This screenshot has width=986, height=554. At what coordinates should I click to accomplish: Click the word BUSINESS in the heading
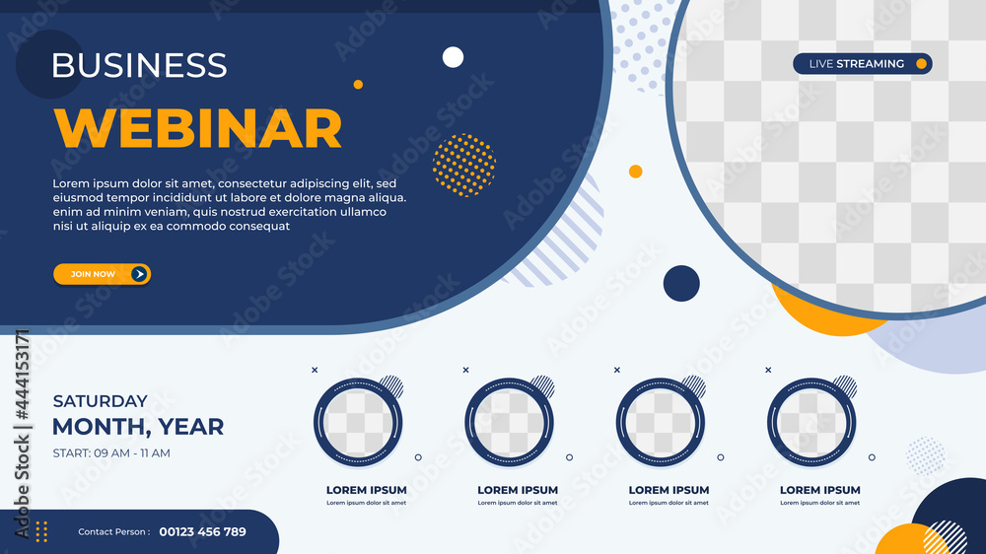click(139, 65)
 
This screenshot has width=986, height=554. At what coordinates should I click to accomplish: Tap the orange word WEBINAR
click(197, 128)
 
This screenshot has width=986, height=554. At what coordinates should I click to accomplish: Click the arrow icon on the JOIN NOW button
click(139, 274)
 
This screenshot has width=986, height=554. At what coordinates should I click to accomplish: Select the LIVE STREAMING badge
click(862, 64)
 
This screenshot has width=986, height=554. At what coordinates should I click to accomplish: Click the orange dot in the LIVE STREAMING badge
click(921, 64)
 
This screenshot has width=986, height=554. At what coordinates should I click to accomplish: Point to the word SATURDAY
click(100, 401)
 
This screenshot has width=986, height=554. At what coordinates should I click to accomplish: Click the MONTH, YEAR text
click(138, 427)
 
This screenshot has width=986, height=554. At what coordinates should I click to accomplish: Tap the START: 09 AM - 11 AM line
click(111, 453)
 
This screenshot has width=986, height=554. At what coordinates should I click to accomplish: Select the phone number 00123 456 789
click(202, 532)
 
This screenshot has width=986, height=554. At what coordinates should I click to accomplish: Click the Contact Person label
click(114, 532)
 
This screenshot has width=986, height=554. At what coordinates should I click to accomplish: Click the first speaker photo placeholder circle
click(359, 424)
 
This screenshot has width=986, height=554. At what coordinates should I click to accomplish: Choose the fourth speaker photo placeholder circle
click(812, 424)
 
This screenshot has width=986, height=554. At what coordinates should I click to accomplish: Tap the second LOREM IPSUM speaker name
click(518, 490)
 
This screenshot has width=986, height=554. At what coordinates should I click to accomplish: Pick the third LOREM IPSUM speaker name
click(669, 490)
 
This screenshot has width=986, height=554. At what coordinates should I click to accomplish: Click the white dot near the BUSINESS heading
click(453, 57)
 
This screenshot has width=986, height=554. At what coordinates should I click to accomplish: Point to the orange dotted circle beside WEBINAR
click(463, 165)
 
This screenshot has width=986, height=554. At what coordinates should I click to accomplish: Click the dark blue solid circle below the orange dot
click(681, 283)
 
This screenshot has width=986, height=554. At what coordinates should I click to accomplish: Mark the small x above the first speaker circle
click(315, 370)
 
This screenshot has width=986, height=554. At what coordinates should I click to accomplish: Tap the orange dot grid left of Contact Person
click(41, 531)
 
